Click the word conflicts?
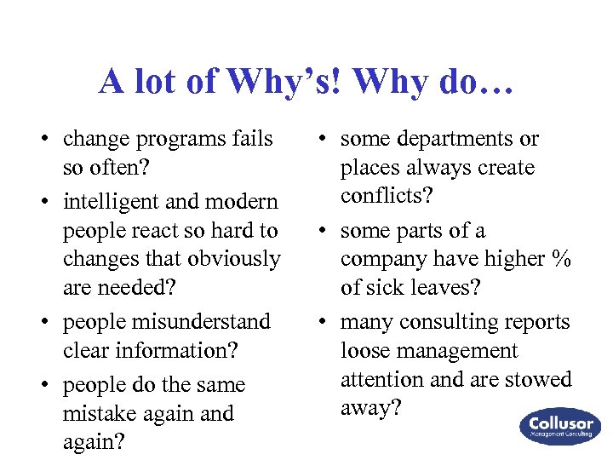pyautogui.click(x=387, y=196)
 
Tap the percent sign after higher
pyautogui.click(x=561, y=259)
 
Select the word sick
pyautogui.click(x=383, y=288)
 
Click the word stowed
pyautogui.click(x=536, y=379)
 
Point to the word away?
pyautogui.click(x=370, y=408)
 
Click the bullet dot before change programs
pyautogui.click(x=52, y=140)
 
